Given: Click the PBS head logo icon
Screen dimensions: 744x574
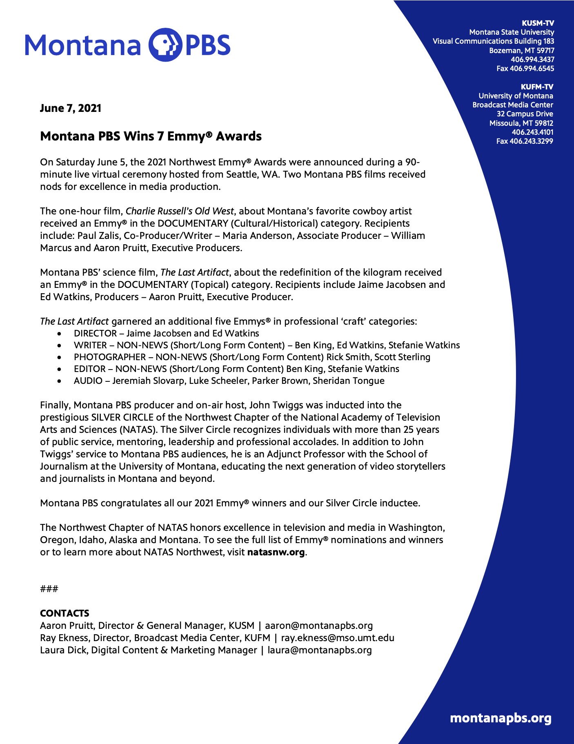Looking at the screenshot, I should point(164,45).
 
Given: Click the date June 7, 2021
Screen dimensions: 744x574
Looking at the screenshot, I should point(70,108).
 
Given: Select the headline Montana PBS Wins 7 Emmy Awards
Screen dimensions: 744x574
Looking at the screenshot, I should point(151,136).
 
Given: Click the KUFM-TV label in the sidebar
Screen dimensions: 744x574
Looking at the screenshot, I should point(537,87).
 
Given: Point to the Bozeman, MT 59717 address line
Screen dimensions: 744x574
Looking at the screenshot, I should point(521,51).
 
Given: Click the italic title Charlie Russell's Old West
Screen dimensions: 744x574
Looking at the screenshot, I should point(180,211).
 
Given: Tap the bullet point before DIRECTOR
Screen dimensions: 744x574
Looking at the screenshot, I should point(60,334).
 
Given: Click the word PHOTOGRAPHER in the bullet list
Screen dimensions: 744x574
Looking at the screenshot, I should point(109,357).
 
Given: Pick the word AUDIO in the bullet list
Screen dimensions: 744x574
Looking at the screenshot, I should point(88,381).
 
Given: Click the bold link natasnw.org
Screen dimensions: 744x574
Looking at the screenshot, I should point(276,552).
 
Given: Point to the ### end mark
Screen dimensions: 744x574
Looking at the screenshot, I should point(49,589).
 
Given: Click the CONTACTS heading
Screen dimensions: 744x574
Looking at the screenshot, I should point(65,613).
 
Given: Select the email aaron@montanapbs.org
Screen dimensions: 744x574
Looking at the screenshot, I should point(319,626).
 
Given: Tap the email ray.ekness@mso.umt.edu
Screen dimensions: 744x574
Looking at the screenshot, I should point(338,638).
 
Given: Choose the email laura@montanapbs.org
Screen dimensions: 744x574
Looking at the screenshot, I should point(320,650).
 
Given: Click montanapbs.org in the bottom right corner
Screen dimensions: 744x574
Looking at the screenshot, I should point(501,718).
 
